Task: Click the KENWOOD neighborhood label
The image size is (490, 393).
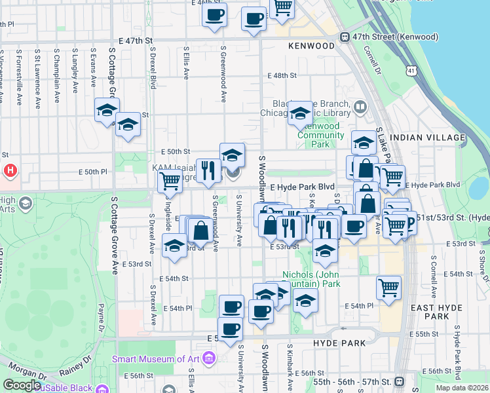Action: [x=311, y=47]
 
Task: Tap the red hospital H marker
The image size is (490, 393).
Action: [x=9, y=172]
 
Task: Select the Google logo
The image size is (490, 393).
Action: [x=22, y=385]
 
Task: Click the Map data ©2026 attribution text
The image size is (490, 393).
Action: [x=461, y=388]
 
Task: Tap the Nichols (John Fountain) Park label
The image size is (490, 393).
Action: [x=311, y=279]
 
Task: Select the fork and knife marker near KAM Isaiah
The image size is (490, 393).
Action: [x=208, y=171]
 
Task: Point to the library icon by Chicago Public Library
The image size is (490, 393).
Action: [x=360, y=107]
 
